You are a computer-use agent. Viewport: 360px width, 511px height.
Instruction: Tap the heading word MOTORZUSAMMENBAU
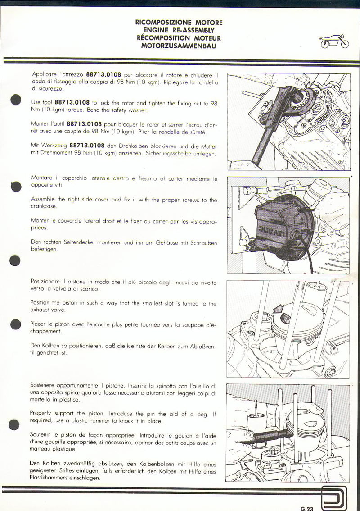179,46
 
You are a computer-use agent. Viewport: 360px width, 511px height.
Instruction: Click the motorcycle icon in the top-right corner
334,41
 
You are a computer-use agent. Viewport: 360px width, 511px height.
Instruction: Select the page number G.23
306,508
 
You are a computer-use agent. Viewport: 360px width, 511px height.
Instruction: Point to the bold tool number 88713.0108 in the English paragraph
72,103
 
